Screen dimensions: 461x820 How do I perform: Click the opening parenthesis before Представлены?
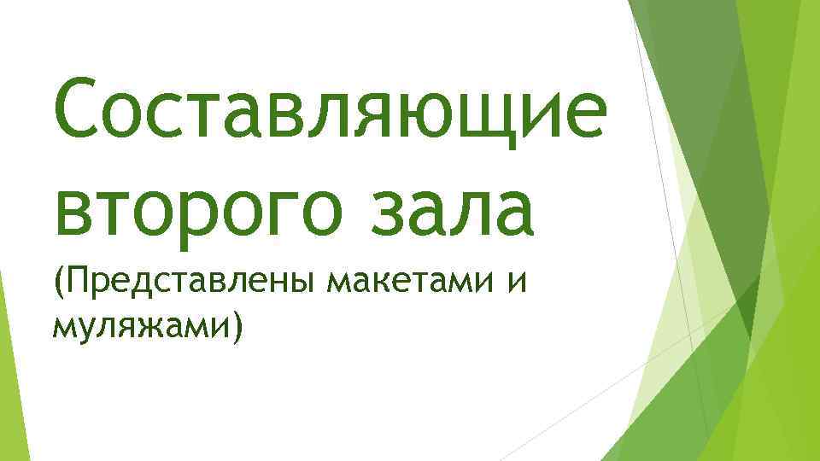point(59,282)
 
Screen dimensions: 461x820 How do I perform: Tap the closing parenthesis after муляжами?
point(236,325)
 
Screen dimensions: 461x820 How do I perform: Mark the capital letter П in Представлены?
point(76,279)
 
